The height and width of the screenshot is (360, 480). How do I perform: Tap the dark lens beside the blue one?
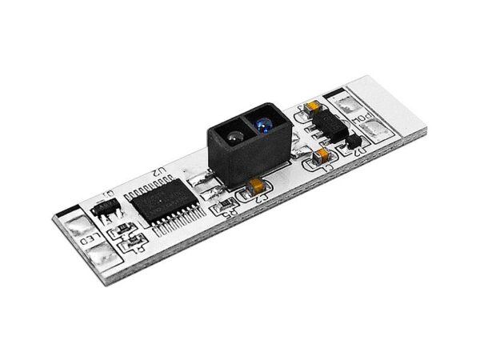click(231, 138)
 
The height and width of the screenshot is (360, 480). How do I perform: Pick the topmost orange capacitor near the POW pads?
click(313, 107)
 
